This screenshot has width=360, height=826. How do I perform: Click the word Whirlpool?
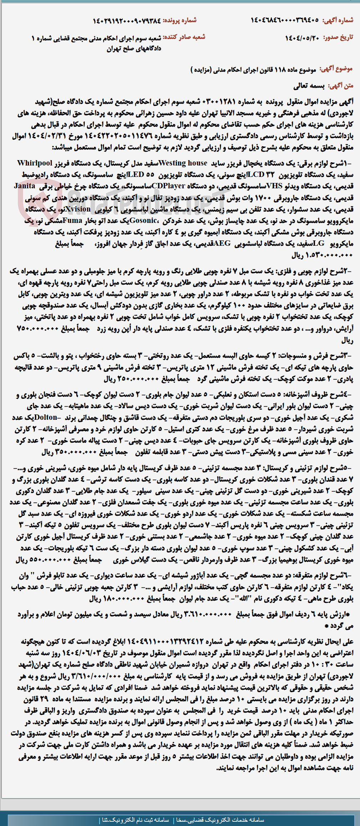pyautogui.click(x=35, y=163)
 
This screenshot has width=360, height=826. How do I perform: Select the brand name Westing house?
pyautogui.click(x=183, y=163)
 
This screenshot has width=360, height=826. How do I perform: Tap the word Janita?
pyautogui.click(x=25, y=186)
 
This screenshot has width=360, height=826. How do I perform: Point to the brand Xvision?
pyautogui.click(x=78, y=209)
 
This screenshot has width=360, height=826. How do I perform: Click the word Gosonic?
pyautogui.click(x=143, y=220)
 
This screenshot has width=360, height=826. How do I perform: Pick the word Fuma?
pyautogui.click(x=73, y=220)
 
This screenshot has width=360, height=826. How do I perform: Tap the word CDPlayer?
pyautogui.click(x=169, y=186)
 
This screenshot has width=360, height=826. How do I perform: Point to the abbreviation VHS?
pyautogui.click(x=274, y=186)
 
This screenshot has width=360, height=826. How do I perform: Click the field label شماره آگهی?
pyautogui.click(x=338, y=20)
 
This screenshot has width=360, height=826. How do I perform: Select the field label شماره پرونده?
pyautogui.click(x=180, y=20)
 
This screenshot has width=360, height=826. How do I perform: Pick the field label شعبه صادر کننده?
pyautogui.click(x=186, y=37)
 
